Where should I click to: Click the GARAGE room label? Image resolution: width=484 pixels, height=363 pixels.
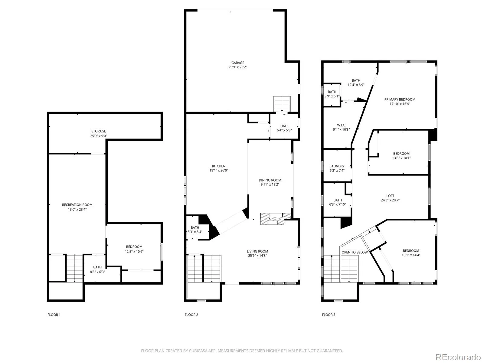(237, 63)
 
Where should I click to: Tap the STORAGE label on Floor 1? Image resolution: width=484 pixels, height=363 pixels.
(99, 131)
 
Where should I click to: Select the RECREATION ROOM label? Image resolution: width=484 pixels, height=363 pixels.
(77, 205)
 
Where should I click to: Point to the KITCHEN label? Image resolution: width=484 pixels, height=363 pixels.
(218, 166)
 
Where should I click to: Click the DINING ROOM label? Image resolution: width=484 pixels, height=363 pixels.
(270, 180)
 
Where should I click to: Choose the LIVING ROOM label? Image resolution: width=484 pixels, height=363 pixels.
(257, 251)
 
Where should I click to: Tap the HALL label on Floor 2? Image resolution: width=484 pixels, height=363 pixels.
(284, 126)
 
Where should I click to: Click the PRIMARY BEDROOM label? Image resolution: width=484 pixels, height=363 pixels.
(400, 100)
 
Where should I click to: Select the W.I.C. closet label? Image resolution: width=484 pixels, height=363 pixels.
(341, 125)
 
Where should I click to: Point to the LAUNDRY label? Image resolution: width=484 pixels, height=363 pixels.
(337, 166)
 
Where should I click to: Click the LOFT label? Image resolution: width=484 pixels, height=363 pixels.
(390, 196)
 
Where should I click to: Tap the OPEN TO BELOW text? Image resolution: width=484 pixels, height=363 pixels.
(355, 252)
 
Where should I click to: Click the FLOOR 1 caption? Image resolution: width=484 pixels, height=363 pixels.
(54, 315)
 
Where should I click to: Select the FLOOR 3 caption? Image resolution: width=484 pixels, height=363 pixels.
(329, 315)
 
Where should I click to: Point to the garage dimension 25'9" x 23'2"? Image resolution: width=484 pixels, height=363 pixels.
(237, 67)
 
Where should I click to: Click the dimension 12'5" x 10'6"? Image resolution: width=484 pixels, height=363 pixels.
(134, 252)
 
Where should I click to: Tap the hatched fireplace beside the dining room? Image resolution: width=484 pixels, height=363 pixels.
(275, 219)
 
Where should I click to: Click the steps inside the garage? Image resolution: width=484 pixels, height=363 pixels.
(282, 104)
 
